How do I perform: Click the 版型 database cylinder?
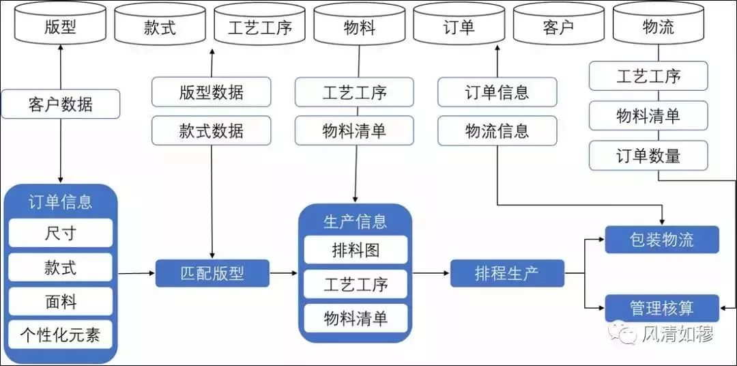point(60,27)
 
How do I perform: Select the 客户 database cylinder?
point(558,27)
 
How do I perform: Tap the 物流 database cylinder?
point(658,27)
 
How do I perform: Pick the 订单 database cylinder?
point(459,27)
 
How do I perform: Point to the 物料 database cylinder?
point(359,27)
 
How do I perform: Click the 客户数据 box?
point(60,104)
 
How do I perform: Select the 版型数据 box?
point(211,92)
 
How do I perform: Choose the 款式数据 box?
point(211,130)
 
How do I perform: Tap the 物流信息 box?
point(497,130)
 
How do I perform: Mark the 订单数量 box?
point(648,156)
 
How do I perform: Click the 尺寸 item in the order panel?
point(60,233)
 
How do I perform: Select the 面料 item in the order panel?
point(60,301)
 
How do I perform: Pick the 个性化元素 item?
point(60,335)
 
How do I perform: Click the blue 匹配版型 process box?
point(212,274)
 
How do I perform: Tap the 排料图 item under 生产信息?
point(355,250)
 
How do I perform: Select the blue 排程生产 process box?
point(507,274)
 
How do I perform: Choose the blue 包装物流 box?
point(661,240)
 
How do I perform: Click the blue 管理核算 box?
point(661,308)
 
